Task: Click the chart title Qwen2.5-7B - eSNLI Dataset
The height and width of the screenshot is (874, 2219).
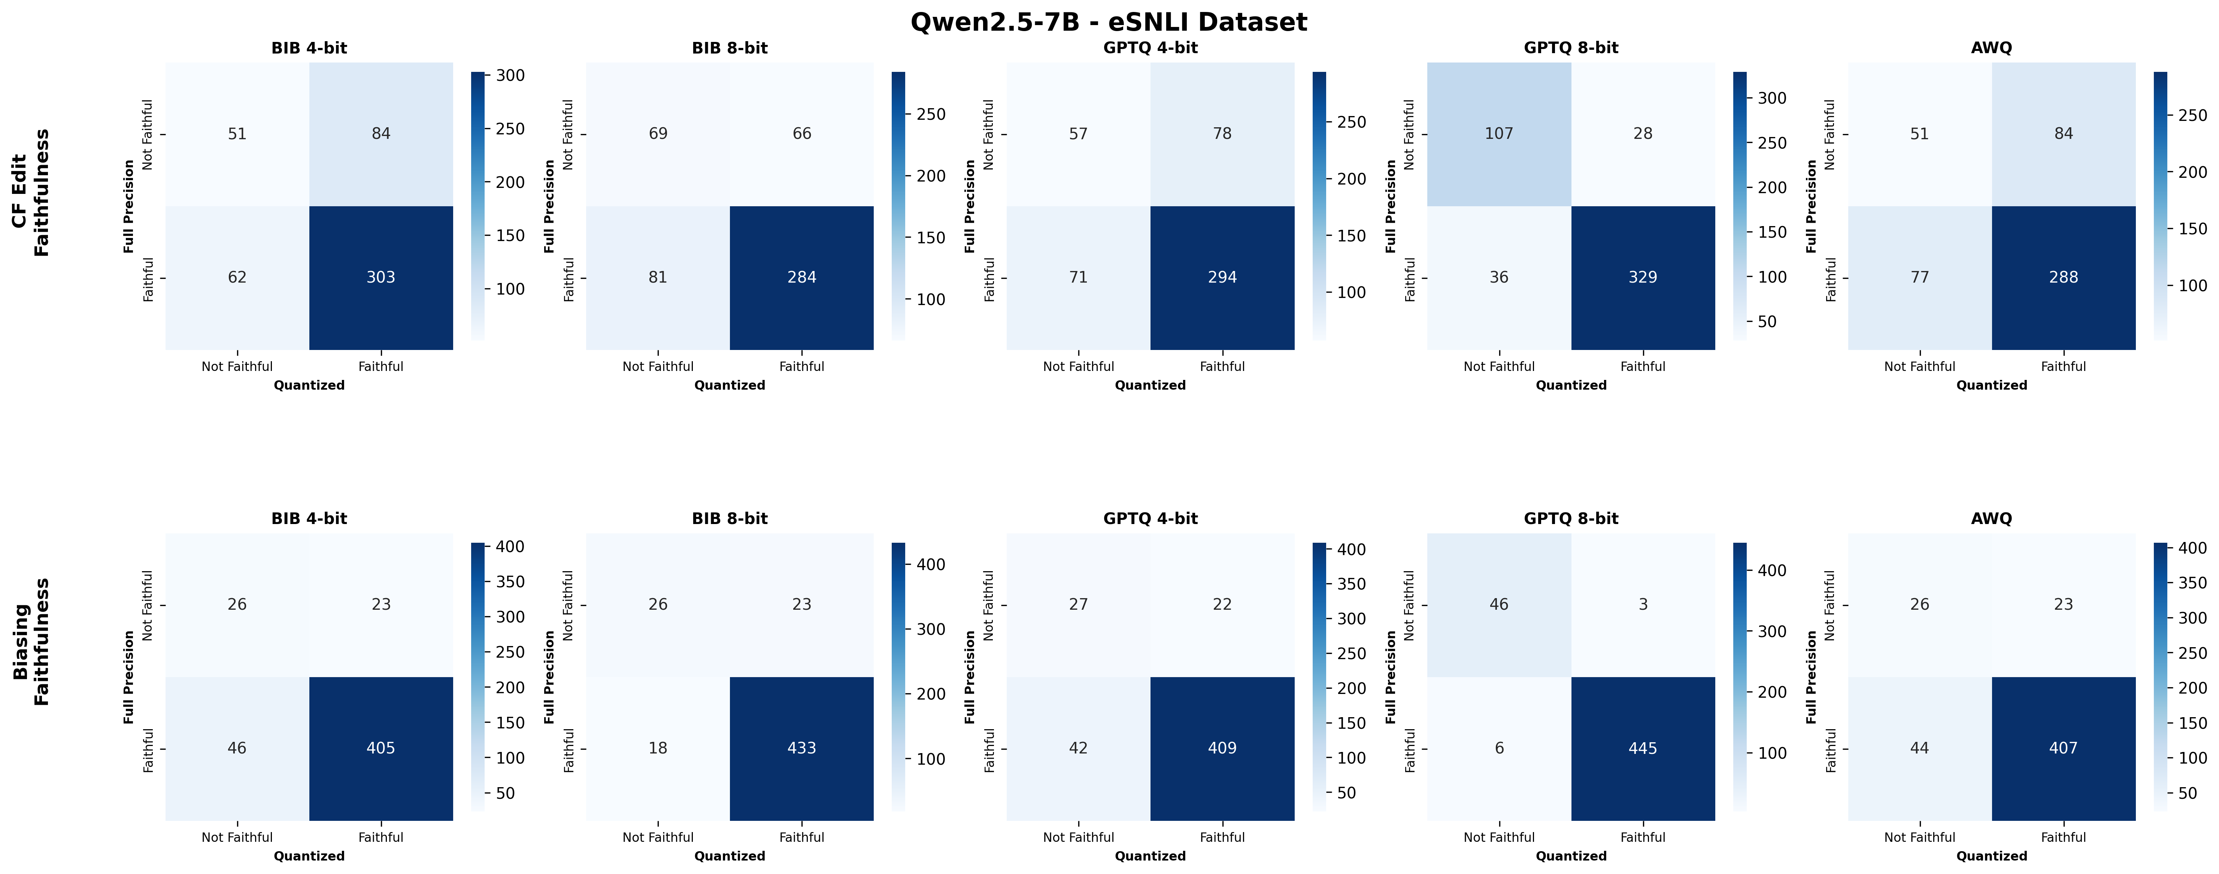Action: pyautogui.click(x=1109, y=22)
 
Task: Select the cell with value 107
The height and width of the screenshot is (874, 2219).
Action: pyautogui.click(x=1499, y=134)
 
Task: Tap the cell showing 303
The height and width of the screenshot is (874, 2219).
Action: pyautogui.click(x=381, y=277)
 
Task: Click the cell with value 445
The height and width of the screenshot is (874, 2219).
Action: pyautogui.click(x=1643, y=748)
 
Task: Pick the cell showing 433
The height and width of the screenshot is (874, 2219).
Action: pyautogui.click(x=801, y=748)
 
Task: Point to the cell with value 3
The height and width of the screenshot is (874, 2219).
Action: pyautogui.click(x=1643, y=605)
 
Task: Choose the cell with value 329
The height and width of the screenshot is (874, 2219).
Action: pyautogui.click(x=1643, y=277)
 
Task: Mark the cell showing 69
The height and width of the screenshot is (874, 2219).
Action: pyautogui.click(x=658, y=134)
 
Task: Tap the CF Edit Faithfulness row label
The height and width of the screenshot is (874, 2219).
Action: pyautogui.click(x=31, y=193)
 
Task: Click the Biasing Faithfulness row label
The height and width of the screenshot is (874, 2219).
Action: pyautogui.click(x=31, y=642)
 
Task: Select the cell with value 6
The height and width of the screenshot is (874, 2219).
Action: pyautogui.click(x=1499, y=748)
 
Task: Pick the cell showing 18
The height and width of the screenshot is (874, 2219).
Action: pyautogui.click(x=658, y=748)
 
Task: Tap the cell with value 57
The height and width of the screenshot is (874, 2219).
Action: pyautogui.click(x=1079, y=134)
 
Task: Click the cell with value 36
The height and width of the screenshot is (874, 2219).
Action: pyautogui.click(x=1499, y=277)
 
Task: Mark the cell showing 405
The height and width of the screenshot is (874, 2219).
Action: pyautogui.click(x=381, y=748)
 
